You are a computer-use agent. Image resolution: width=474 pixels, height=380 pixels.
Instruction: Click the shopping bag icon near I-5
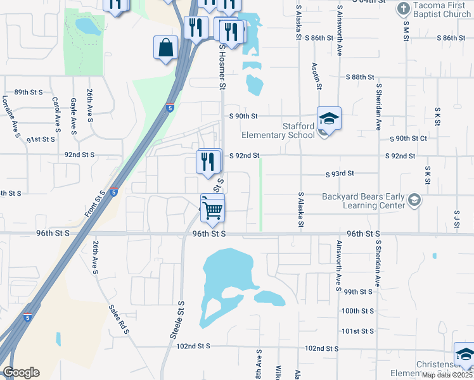(165, 48)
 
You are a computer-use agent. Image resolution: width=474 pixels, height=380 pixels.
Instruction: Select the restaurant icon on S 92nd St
(208, 161)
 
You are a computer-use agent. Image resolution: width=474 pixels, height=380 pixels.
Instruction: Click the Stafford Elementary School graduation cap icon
(329, 118)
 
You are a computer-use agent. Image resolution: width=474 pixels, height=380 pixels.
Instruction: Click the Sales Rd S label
(118, 319)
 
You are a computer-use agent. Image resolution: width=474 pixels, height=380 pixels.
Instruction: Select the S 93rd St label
(339, 174)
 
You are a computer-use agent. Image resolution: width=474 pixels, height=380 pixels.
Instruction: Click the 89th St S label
(29, 92)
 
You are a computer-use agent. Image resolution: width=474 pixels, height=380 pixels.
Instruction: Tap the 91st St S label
(41, 139)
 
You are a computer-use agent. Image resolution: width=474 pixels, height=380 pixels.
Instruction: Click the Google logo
(21, 372)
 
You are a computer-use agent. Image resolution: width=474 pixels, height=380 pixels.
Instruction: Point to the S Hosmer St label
(222, 66)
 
